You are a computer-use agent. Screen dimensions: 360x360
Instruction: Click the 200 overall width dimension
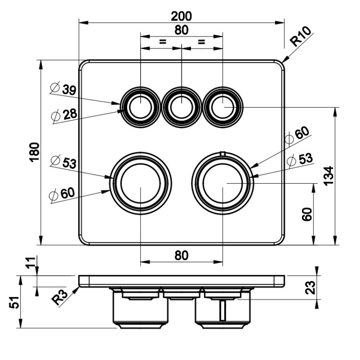(181, 16)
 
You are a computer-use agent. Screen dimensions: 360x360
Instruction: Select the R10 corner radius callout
(301, 37)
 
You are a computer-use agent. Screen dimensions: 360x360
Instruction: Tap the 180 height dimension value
(33, 152)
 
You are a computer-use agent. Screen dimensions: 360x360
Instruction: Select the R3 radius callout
(60, 298)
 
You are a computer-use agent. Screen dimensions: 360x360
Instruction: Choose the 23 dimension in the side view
(311, 287)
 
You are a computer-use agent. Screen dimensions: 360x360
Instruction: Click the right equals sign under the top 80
(202, 42)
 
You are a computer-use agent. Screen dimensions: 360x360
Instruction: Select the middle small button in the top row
(181, 106)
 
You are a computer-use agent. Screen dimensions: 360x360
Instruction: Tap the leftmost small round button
(140, 106)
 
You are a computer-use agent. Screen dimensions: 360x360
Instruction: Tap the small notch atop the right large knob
(222, 154)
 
